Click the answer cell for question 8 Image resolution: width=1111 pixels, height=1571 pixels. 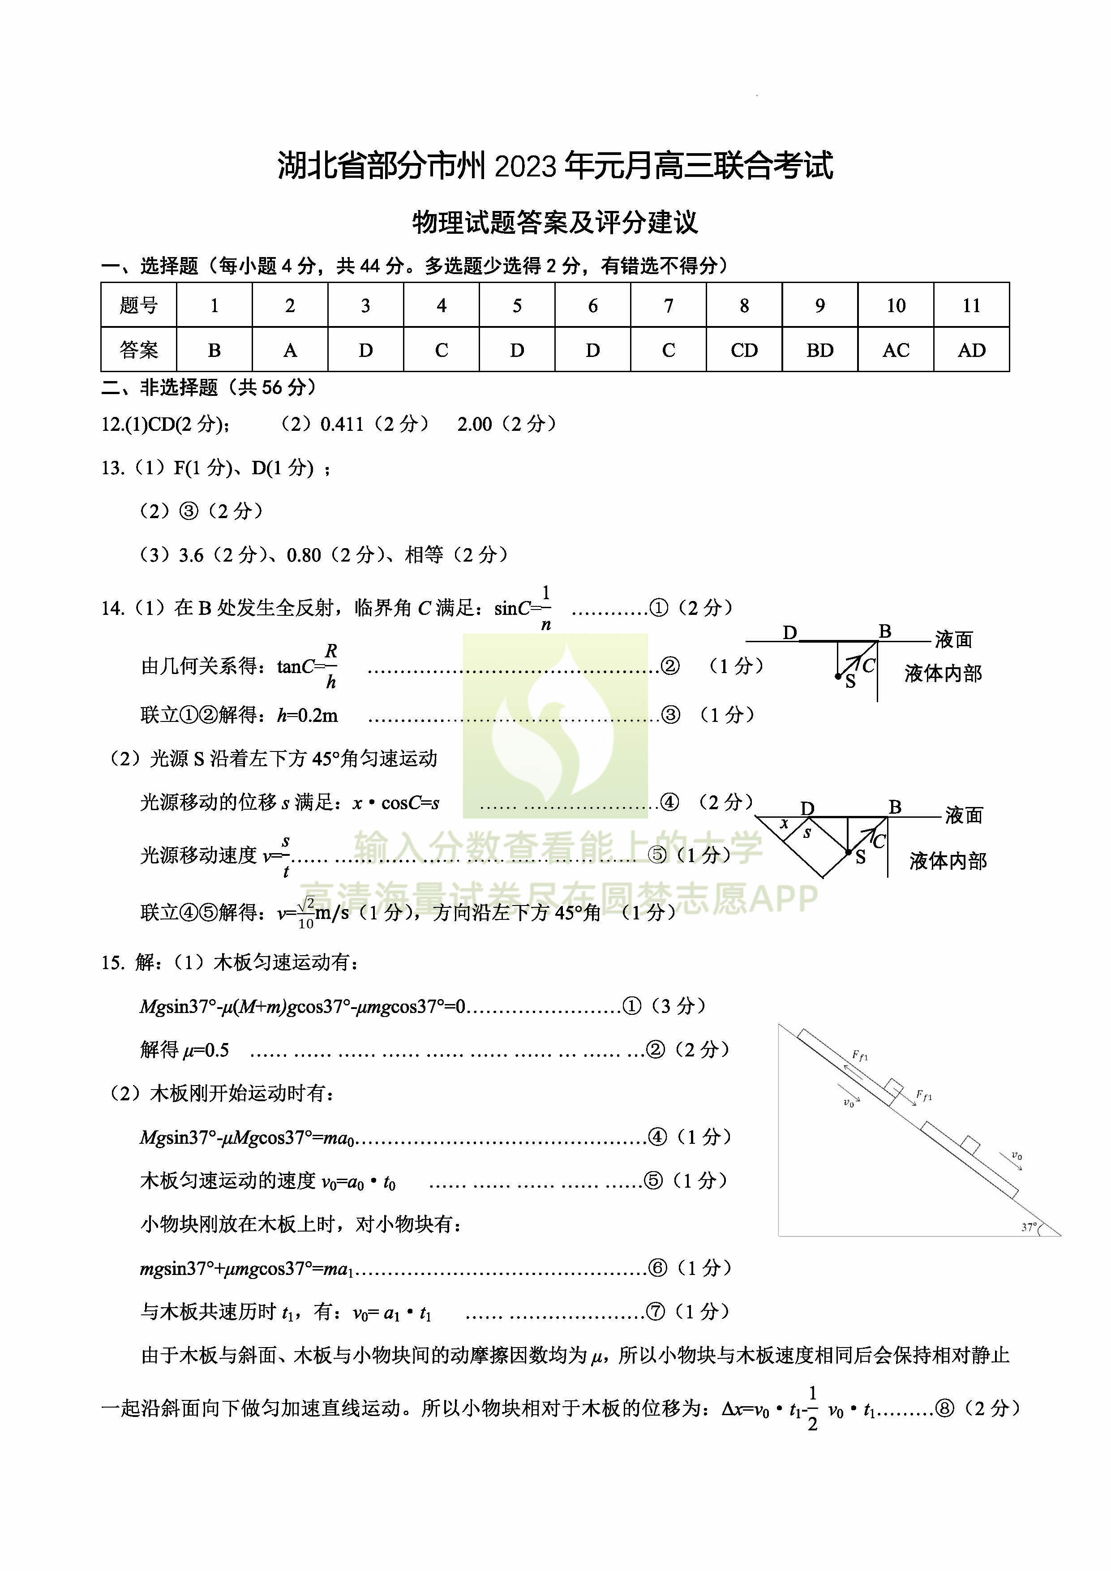point(744,350)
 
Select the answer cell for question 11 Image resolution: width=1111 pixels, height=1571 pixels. point(971,350)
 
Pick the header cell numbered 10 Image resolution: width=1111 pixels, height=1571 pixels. point(896,305)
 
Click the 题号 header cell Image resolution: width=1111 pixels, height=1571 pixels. point(139,305)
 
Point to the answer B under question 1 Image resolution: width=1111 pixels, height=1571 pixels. point(214,350)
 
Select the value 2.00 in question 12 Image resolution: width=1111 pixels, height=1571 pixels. point(475,424)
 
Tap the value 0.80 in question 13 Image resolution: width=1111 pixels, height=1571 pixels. point(304,555)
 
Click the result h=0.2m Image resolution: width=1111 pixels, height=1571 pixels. point(307,716)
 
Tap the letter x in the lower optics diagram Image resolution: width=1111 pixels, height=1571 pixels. point(784,824)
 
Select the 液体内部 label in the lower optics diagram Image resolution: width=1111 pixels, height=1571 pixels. point(948,862)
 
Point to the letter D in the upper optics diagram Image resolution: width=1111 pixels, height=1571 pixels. point(790,633)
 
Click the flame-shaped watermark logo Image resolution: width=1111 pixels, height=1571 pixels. point(555,725)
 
